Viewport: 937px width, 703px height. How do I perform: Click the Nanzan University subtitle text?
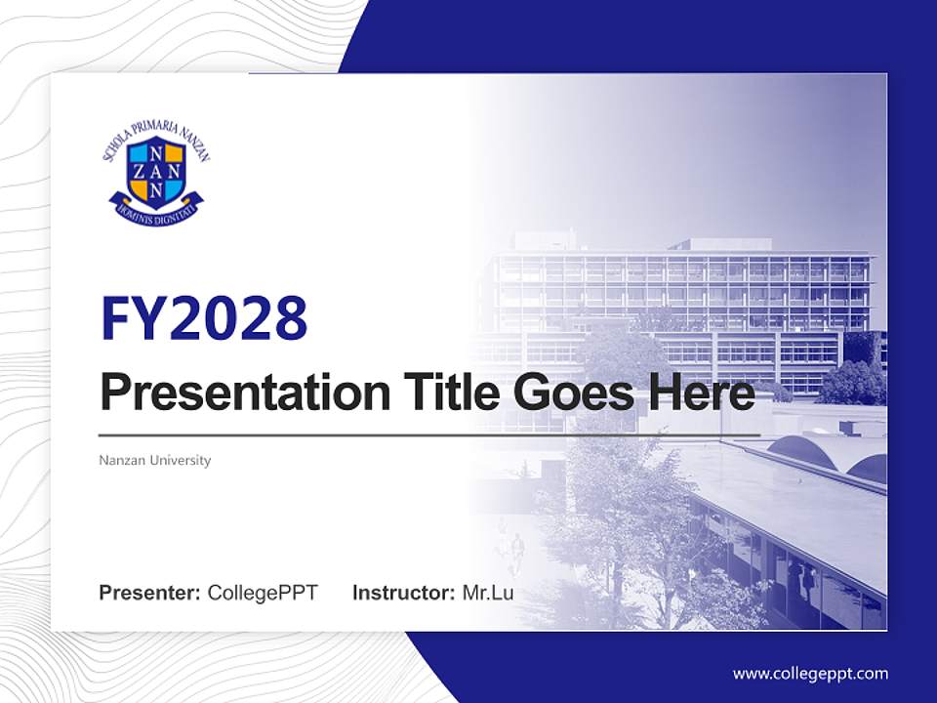pos(155,460)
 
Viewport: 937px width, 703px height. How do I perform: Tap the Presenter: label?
pos(150,593)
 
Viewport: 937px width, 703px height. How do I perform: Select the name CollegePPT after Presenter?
pos(263,593)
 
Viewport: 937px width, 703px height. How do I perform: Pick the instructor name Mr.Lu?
pos(488,593)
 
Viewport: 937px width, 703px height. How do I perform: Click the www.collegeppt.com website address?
pos(810,674)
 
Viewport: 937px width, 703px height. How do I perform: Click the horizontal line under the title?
pos(429,435)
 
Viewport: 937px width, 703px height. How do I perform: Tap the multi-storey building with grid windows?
pos(683,293)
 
